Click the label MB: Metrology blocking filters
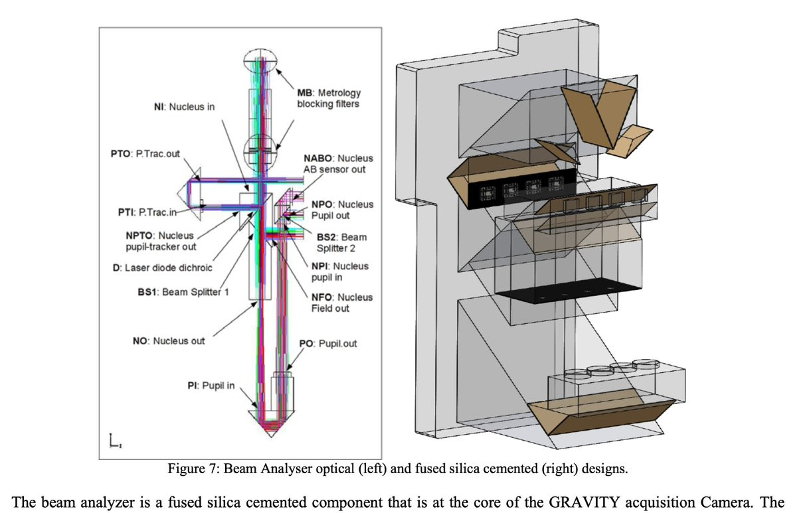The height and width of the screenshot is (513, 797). (328, 99)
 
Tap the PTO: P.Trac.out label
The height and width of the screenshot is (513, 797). (141, 155)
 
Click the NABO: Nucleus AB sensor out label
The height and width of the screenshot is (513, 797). (337, 164)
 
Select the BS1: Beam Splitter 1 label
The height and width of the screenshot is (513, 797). (179, 291)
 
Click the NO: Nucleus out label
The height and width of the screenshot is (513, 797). (169, 341)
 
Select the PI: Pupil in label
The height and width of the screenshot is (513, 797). (211, 386)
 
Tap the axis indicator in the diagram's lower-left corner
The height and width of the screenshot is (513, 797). (113, 440)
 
